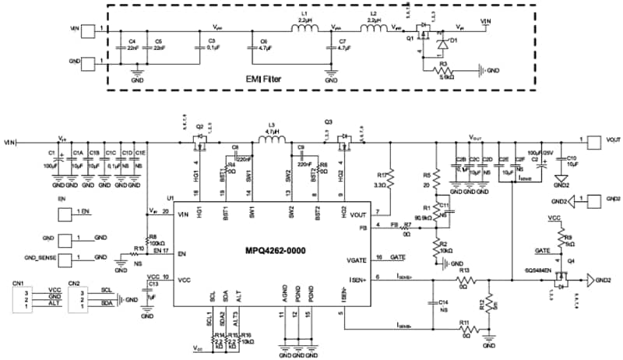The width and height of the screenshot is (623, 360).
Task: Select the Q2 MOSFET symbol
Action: tap(199, 140)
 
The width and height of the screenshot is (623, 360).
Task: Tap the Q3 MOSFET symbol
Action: tap(340, 140)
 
